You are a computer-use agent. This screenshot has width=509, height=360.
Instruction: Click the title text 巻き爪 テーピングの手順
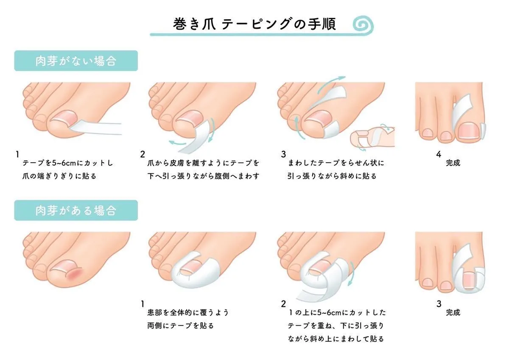255,24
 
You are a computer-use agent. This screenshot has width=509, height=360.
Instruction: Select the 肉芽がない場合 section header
76,61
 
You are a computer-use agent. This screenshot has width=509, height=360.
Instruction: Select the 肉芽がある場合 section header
76,210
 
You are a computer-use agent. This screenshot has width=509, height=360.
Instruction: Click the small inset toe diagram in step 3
372,137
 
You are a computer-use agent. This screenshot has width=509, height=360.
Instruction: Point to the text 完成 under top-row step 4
453,163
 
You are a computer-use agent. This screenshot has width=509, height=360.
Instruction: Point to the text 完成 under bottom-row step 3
453,312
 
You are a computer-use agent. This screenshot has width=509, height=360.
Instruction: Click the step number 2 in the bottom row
283,304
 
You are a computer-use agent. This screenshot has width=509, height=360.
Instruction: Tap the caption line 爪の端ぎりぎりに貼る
59,176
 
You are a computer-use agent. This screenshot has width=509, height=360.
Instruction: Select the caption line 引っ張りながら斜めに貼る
332,176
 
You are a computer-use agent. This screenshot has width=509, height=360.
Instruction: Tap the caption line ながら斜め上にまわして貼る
336,339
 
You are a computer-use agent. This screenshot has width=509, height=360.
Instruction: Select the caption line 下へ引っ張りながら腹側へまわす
203,176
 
